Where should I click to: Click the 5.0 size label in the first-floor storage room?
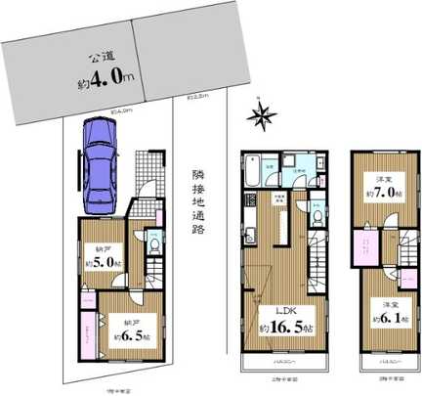coord(104,261)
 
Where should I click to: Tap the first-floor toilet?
coord(153,248)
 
